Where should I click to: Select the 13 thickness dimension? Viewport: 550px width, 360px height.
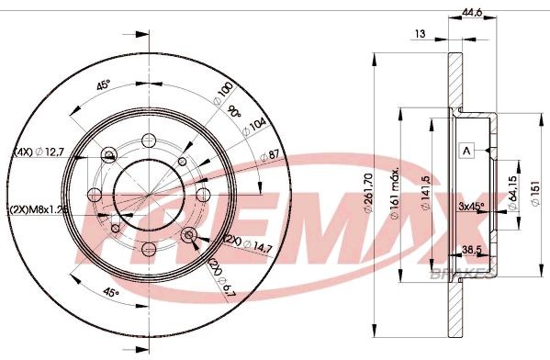pos(420,33)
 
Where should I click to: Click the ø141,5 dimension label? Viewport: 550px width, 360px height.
pos(423,195)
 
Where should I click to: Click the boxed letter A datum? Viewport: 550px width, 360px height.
pos(466,151)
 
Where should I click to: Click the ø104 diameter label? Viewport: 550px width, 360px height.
pos(254,124)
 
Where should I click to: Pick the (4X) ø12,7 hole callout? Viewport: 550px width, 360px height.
pos(41,152)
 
